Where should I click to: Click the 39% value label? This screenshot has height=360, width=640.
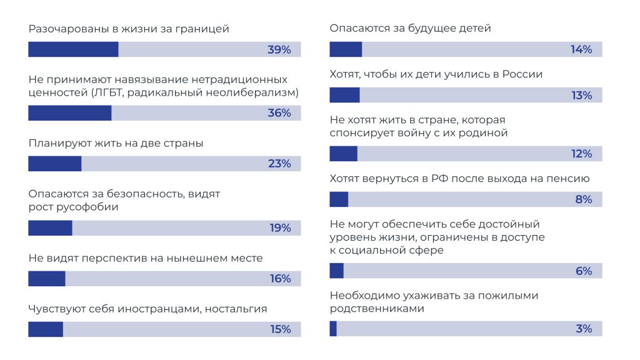(279, 50)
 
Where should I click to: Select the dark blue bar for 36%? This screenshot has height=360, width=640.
(70, 113)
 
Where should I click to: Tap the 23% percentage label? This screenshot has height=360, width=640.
(280, 164)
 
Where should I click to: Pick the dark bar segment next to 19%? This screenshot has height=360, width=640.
(50, 228)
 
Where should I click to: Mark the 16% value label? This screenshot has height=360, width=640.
(280, 279)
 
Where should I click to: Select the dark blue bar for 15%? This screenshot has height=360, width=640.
(46, 329)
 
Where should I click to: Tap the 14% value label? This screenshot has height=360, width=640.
(581, 50)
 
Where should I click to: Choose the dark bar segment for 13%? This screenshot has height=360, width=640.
(344, 96)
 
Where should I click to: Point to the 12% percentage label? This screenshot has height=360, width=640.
(581, 154)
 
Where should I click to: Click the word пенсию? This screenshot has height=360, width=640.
(567, 179)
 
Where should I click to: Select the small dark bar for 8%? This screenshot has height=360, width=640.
(339, 199)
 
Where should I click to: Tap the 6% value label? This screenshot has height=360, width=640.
(583, 271)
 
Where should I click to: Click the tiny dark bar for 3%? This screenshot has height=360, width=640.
(333, 329)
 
